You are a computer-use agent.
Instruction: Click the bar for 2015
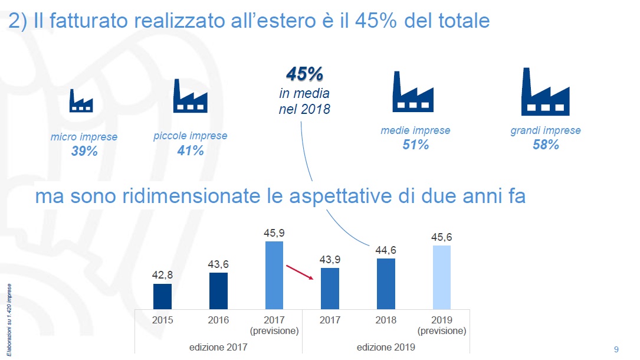click(x=162, y=296)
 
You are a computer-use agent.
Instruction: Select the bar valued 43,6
click(x=218, y=290)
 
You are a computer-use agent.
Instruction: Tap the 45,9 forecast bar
click(x=274, y=275)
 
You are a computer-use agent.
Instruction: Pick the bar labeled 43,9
click(x=330, y=288)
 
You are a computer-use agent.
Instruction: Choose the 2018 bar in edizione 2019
click(x=386, y=284)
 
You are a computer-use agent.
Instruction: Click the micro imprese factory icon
click(x=81, y=101)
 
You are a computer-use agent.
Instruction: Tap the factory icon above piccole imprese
click(x=189, y=96)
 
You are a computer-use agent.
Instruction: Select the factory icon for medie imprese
click(x=413, y=92)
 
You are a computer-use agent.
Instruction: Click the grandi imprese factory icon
click(x=546, y=92)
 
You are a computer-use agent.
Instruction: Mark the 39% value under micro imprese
click(x=84, y=151)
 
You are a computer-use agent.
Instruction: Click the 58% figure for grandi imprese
click(x=545, y=145)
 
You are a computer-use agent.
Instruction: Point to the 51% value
click(x=415, y=145)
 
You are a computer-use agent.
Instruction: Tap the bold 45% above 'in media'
click(x=304, y=74)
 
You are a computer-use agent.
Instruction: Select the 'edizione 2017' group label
click(x=218, y=347)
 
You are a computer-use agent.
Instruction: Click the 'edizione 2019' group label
click(x=386, y=347)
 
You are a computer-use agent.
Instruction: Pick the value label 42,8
click(x=162, y=275)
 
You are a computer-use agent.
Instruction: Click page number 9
click(x=616, y=349)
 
